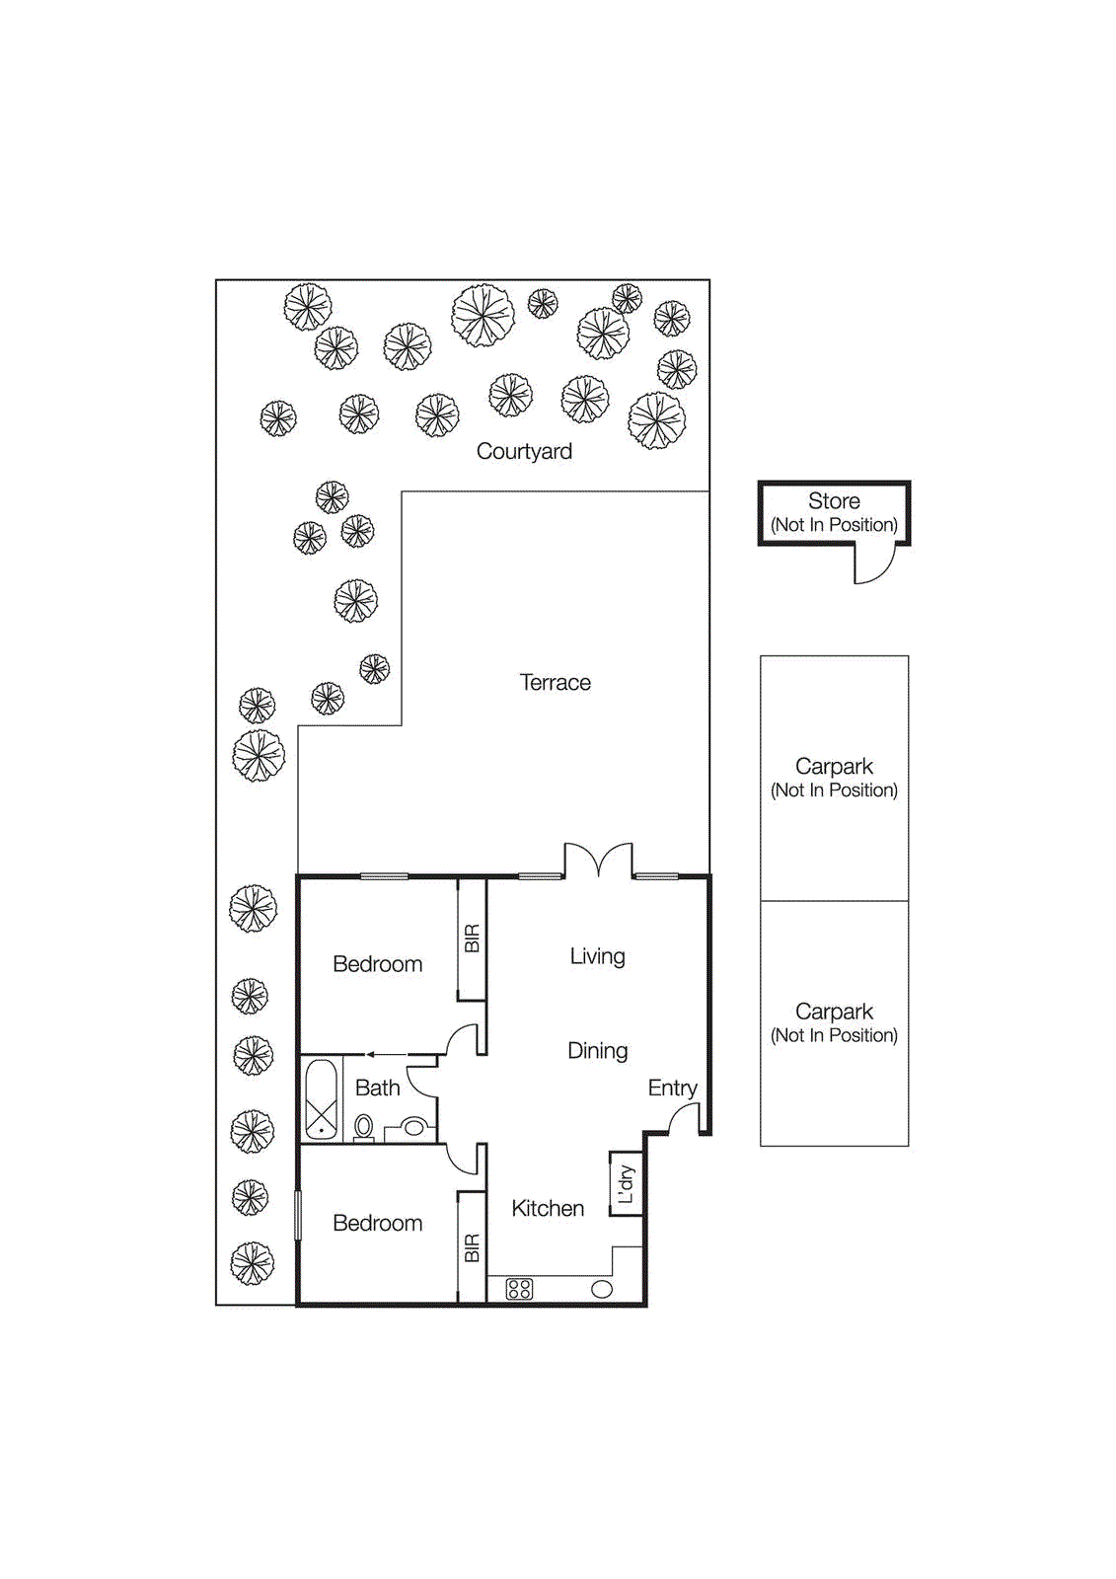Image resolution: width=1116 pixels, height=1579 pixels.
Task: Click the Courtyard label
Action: click(x=524, y=451)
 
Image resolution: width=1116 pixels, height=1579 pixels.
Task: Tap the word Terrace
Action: click(x=555, y=682)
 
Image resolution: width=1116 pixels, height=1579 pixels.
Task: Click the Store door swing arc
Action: click(x=877, y=565)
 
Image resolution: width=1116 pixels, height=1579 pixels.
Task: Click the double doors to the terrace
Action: click(x=598, y=861)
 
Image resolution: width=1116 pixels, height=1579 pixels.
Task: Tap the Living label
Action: click(x=597, y=956)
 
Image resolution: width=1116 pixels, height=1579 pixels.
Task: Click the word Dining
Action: click(x=597, y=1050)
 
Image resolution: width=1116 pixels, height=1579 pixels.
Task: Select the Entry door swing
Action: click(x=685, y=1118)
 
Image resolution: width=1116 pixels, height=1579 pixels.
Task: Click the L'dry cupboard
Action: click(x=626, y=1183)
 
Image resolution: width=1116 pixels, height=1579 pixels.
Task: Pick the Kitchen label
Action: click(x=548, y=1208)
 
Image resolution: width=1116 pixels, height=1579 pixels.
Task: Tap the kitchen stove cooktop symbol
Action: click(x=519, y=1289)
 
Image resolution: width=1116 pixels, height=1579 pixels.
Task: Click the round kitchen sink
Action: click(x=602, y=1289)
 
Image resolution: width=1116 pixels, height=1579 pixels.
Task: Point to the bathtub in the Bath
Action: click(x=321, y=1099)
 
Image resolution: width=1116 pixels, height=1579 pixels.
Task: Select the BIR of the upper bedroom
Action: click(x=472, y=939)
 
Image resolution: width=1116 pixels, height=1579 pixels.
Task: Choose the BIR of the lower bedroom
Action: click(x=472, y=1247)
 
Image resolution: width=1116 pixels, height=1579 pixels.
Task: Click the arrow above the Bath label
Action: click(x=387, y=1054)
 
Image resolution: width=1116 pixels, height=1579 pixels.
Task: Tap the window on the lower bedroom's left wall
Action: click(x=297, y=1215)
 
